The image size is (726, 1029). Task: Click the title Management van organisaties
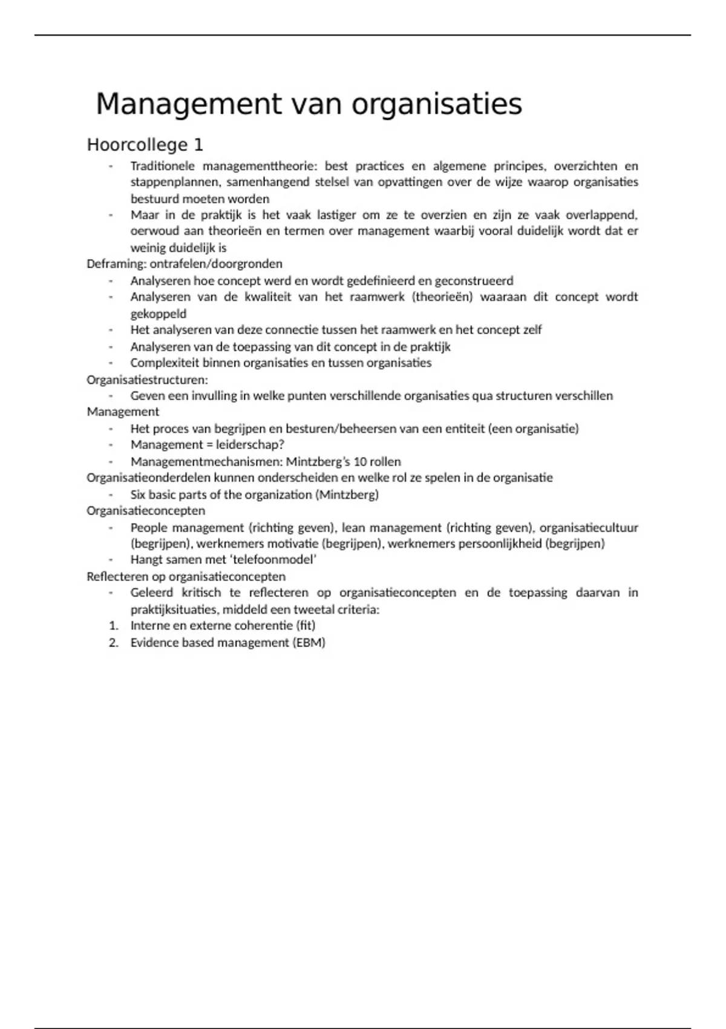(x=309, y=104)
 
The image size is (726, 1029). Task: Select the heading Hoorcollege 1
(x=145, y=145)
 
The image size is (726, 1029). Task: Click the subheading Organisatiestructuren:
(x=147, y=380)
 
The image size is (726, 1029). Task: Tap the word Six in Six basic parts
(x=139, y=495)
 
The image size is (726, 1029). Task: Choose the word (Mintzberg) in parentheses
(x=347, y=495)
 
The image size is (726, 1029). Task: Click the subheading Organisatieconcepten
(x=146, y=511)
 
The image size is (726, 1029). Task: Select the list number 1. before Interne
(x=113, y=626)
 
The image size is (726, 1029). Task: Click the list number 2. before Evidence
(x=113, y=643)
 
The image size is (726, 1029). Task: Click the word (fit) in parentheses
(x=306, y=626)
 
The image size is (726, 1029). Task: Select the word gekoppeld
(x=159, y=314)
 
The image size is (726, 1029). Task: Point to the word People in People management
(x=148, y=528)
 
